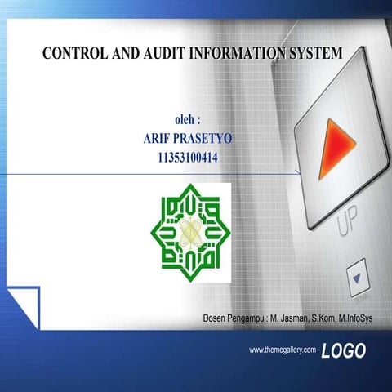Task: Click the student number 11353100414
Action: tap(188, 155)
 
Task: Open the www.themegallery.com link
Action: tap(282, 350)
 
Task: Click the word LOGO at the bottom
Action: tap(344, 351)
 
